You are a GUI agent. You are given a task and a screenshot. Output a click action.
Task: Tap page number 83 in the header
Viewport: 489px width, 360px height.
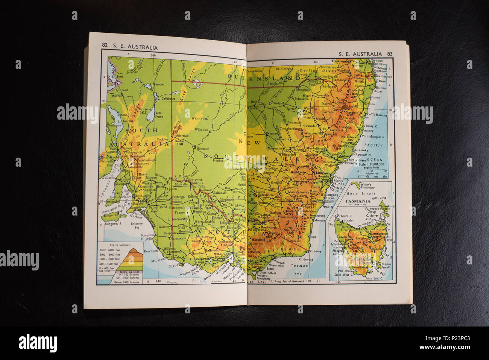click(x=390, y=54)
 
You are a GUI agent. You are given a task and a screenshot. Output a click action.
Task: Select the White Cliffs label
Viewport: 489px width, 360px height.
click(x=200, y=119)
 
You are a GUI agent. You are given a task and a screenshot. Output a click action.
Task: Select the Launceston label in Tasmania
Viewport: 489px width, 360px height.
click(x=379, y=233)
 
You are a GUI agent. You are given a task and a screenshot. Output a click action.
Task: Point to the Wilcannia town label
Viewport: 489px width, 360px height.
click(x=201, y=130)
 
